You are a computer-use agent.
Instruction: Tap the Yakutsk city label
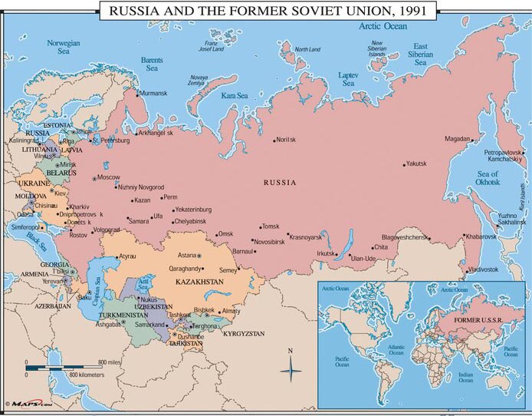click(416, 163)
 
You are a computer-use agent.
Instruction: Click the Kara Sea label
click(235, 96)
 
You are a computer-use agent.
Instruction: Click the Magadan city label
click(457, 139)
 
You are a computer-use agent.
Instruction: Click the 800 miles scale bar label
click(109, 362)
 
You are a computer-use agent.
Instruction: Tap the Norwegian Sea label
click(63, 48)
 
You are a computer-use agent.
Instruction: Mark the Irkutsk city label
click(326, 253)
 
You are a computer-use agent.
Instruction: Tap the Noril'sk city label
click(286, 140)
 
